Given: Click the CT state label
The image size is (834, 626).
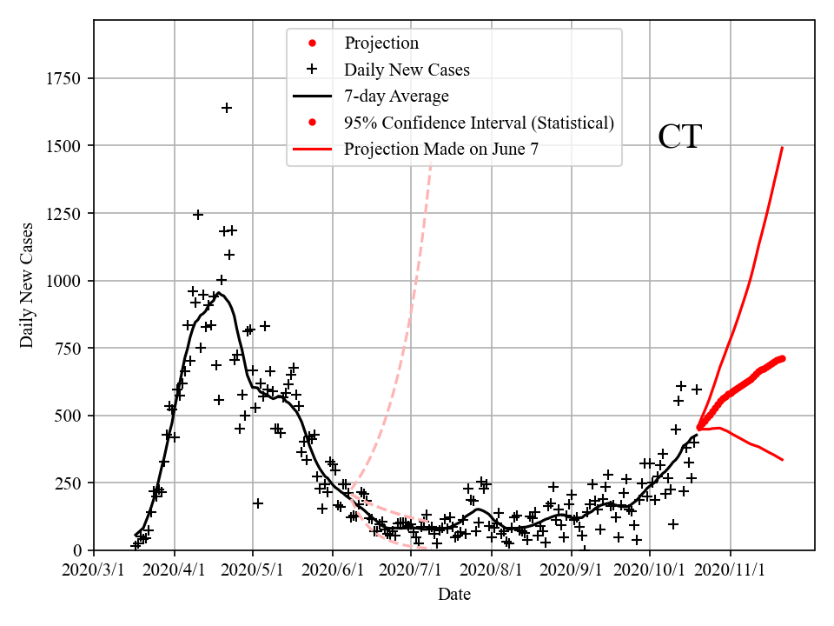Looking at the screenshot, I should (x=679, y=137).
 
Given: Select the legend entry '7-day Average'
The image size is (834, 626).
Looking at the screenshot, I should (x=396, y=96).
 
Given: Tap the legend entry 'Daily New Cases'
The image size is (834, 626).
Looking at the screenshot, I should (x=407, y=70).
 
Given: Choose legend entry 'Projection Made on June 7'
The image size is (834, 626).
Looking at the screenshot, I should (x=441, y=149).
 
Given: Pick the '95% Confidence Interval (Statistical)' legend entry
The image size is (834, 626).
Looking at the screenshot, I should (x=479, y=123).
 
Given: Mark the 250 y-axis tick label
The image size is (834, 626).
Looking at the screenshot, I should (x=70, y=483).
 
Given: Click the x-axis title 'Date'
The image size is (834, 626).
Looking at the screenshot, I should (x=454, y=594).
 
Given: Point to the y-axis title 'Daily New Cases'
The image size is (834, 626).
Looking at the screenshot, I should (x=28, y=285).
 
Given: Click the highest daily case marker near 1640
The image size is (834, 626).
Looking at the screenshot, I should (x=227, y=108).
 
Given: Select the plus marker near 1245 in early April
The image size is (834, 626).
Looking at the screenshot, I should (x=198, y=215).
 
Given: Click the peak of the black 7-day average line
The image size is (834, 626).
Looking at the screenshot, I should (x=219, y=294).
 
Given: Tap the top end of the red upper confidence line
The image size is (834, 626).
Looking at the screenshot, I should (x=783, y=148).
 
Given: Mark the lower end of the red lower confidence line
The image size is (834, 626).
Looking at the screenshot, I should (x=783, y=459).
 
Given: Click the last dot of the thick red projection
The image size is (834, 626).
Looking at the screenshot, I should (x=782, y=358).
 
